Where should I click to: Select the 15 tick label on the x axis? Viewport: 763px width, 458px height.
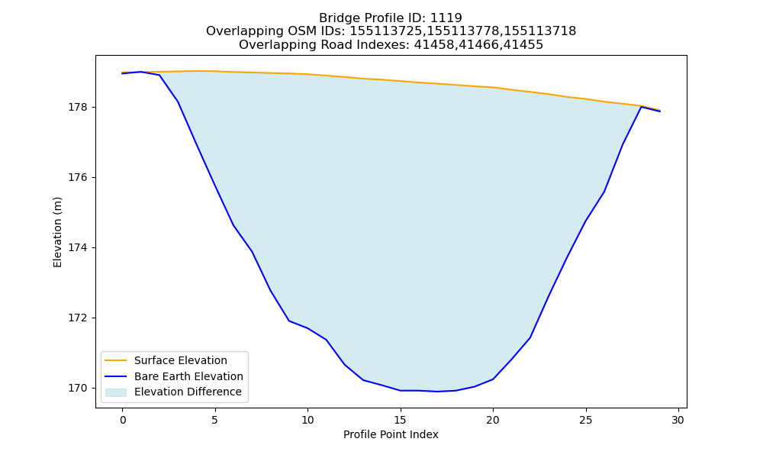coord(400,420)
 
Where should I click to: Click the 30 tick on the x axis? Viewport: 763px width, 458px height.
coord(678,420)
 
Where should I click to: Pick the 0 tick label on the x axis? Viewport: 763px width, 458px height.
coord(123,420)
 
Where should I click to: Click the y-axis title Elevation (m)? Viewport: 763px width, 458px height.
coord(57,232)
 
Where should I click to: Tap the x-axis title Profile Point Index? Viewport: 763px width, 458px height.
coord(391,434)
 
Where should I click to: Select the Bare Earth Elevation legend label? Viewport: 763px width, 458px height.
coord(188,376)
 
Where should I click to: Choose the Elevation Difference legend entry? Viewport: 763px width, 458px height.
coord(188,392)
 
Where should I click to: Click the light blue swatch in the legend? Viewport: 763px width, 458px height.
coord(116,392)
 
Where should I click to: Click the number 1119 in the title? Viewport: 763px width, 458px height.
coord(446,18)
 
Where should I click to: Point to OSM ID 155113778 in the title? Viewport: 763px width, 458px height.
coord(463,31)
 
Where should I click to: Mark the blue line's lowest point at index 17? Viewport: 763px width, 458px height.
coord(437,392)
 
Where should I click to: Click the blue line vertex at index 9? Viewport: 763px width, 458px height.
coord(289,321)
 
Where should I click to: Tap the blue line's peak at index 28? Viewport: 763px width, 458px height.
coord(641,107)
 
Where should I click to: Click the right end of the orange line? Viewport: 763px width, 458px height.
coord(660,111)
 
